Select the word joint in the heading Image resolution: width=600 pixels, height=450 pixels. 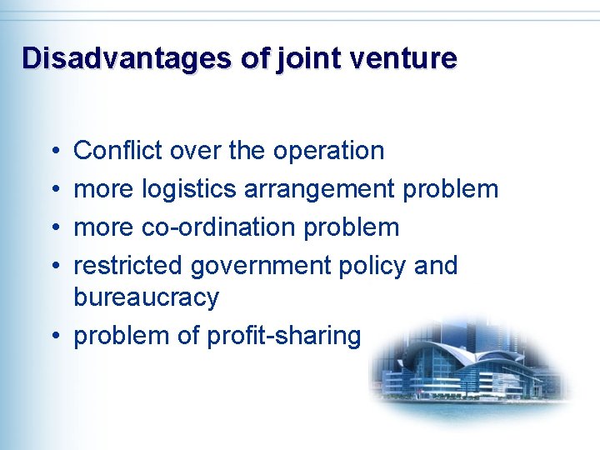click(x=311, y=59)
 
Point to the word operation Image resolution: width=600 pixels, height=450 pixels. click(x=328, y=152)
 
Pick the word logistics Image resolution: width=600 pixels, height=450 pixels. click(x=189, y=190)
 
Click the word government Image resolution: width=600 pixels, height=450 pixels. click(x=261, y=267)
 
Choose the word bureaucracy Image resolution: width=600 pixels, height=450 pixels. click(x=146, y=297)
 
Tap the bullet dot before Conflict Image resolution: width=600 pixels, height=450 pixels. click(x=53, y=152)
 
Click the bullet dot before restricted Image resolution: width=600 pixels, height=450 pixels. click(x=53, y=267)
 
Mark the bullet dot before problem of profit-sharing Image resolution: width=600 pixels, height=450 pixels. click(x=53, y=337)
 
